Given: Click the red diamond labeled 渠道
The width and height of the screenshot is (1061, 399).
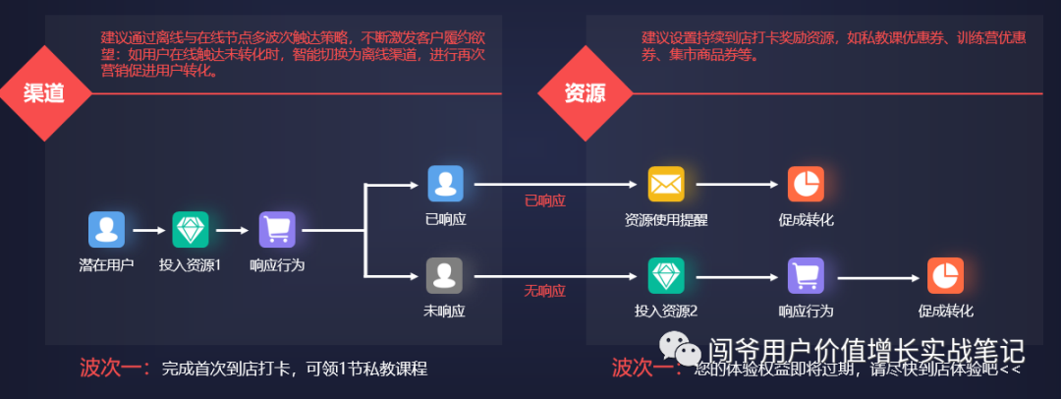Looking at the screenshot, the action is tap(44, 93).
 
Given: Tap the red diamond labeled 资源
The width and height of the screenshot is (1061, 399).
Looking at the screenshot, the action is tap(584, 93).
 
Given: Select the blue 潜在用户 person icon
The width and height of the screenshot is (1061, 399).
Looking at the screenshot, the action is tap(106, 229).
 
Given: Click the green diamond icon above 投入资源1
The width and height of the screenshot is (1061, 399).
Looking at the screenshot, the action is tap(191, 229).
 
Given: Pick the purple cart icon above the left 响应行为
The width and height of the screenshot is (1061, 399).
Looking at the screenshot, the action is tap(277, 229).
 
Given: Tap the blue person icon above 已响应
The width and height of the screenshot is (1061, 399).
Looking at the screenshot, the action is tap(444, 184).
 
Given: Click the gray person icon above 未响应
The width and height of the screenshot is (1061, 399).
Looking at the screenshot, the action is tap(444, 275).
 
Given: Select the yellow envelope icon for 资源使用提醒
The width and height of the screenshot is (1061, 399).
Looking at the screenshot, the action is tap(665, 184).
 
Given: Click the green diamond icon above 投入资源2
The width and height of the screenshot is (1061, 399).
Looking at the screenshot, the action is tap(665, 275).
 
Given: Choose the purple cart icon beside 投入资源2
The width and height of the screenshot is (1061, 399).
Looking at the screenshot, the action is tap(806, 275).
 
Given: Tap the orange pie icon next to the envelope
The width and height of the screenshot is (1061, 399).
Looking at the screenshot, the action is tap(806, 184).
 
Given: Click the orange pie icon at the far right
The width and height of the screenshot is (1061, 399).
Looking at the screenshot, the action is tap(946, 275).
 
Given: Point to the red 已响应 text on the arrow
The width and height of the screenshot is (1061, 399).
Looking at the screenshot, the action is tap(545, 199).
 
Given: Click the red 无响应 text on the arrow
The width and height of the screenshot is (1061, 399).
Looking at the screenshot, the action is tap(545, 291).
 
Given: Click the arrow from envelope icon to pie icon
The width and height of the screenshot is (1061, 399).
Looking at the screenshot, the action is tap(735, 184).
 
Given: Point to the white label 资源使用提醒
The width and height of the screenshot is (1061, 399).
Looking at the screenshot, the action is tap(665, 220).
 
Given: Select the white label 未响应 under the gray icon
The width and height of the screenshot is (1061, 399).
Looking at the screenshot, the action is tap(444, 312).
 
